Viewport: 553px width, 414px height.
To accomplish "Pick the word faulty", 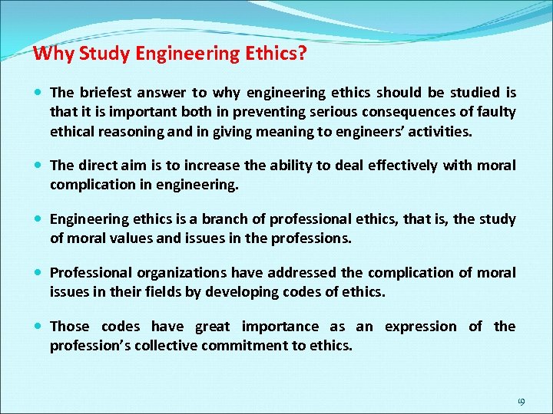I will pyautogui.click(x=497, y=112).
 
